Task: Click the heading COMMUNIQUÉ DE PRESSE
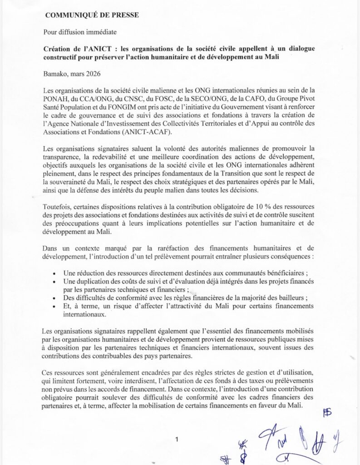[x=92, y=15]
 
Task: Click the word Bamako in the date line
[x=55, y=73]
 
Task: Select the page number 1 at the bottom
[x=177, y=439]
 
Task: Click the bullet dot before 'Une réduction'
[x=54, y=274]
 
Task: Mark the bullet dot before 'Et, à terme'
[x=54, y=307]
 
